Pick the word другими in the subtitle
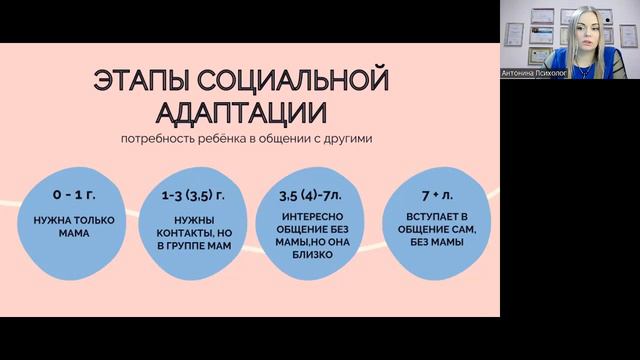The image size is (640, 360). pyautogui.click(x=350, y=137)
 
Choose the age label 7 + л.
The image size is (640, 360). pyautogui.click(x=440, y=191)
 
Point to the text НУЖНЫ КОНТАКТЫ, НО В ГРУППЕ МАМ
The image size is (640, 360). pyautogui.click(x=194, y=234)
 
